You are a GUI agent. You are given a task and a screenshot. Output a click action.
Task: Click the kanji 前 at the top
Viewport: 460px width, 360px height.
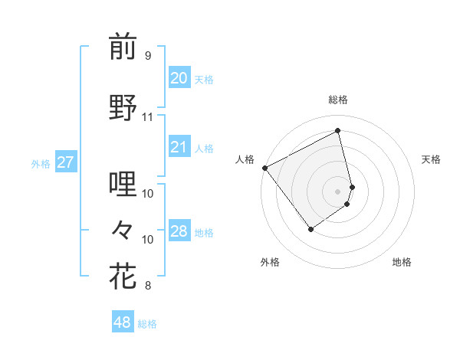tap(123, 47)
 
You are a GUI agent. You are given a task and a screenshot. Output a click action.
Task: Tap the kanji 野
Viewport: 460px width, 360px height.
tap(123, 107)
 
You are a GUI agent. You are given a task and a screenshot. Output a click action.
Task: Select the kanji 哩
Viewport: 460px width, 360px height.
tap(123, 185)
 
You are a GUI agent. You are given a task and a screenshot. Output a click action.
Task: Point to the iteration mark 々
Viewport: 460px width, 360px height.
tap(123, 229)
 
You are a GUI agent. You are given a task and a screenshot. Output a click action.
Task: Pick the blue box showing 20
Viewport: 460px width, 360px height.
tap(179, 78)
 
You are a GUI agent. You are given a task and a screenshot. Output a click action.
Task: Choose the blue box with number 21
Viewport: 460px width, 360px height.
tap(179, 147)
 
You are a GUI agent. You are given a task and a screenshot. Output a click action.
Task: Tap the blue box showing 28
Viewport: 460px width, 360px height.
tap(179, 231)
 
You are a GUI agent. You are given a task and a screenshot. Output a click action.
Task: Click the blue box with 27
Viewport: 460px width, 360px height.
tap(65, 162)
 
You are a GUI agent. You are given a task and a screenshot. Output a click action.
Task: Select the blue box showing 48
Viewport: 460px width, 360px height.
tap(122, 322)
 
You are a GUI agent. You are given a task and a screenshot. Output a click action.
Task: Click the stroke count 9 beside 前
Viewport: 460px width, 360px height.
tap(147, 56)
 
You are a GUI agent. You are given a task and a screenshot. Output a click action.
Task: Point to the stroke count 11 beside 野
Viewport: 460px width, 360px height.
tap(147, 117)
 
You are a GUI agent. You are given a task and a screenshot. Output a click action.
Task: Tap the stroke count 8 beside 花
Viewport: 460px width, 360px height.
tap(147, 286)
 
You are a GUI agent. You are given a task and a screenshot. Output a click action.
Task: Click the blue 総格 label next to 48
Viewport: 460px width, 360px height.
tap(147, 324)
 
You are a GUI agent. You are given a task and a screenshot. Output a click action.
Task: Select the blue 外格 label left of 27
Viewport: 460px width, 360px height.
tap(41, 163)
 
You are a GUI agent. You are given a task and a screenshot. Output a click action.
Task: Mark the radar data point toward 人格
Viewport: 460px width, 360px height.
tap(264, 168)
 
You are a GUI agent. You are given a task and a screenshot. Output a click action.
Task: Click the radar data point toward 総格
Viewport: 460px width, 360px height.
tap(337, 131)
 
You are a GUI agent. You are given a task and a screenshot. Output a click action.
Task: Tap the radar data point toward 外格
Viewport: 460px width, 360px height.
tap(310, 228)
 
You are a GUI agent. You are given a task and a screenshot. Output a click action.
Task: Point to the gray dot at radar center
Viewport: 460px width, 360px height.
tap(337, 190)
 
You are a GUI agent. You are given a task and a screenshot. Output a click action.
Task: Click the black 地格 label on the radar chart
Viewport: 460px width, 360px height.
tap(402, 262)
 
